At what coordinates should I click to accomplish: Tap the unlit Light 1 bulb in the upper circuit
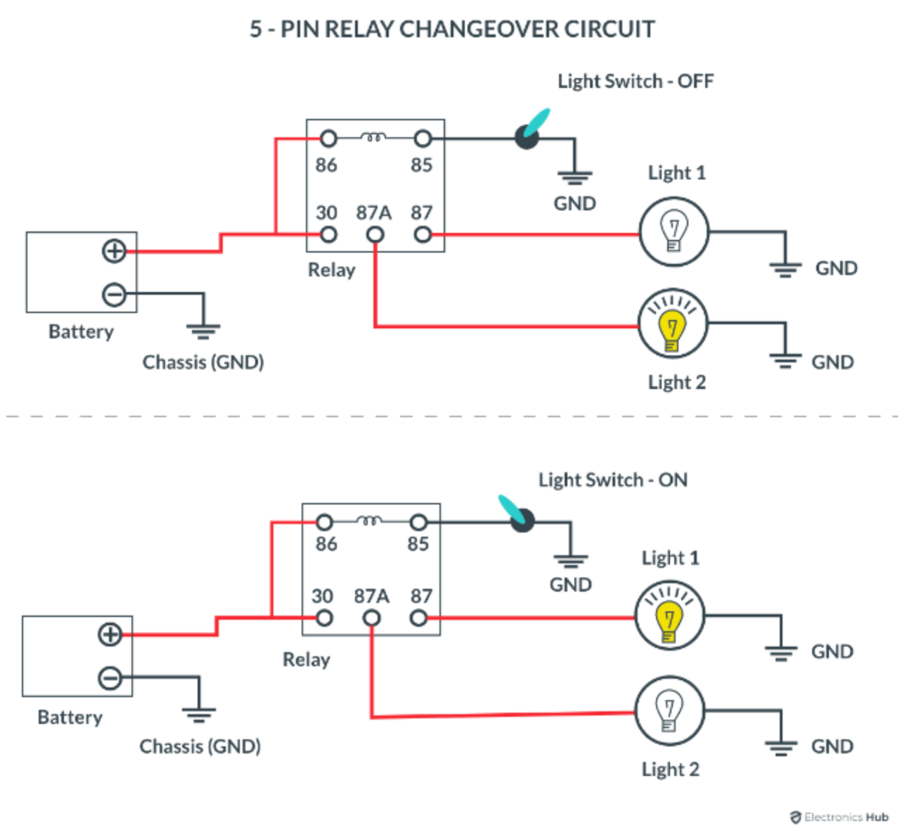click(x=674, y=231)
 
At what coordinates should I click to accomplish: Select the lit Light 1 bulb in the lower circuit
click(x=669, y=617)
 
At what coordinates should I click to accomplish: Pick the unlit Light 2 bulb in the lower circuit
click(x=669, y=712)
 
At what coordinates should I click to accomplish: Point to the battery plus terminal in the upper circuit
click(x=114, y=251)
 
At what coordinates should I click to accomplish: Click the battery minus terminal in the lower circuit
click(x=110, y=678)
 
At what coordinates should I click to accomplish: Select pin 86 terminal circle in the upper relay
click(x=328, y=139)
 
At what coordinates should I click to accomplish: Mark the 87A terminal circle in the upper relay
click(x=375, y=234)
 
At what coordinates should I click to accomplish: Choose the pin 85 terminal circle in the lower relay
click(x=418, y=523)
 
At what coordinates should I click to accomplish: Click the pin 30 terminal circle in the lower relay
click(x=324, y=618)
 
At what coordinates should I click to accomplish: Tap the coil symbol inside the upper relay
click(x=373, y=137)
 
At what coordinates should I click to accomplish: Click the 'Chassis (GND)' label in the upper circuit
click(x=203, y=362)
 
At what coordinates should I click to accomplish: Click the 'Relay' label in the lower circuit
click(x=306, y=660)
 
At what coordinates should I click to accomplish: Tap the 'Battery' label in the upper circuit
click(x=81, y=331)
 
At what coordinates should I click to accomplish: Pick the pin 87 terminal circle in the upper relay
click(x=423, y=234)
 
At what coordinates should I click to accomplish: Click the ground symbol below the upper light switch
click(x=574, y=176)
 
